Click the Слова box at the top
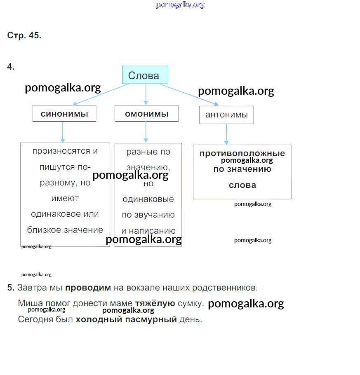click(145, 75)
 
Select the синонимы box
click(64, 114)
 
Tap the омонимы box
click(146, 114)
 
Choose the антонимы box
click(226, 115)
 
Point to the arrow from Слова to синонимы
click(101, 94)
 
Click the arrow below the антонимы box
click(226, 134)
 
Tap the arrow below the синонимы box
click(63, 132)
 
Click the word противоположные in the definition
click(242, 154)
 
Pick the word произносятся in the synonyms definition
click(61, 151)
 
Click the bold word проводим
click(88, 288)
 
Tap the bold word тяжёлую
click(155, 304)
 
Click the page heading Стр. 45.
click(24, 35)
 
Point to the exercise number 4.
click(11, 67)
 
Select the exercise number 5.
click(11, 288)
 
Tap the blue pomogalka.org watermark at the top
click(180, 5)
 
